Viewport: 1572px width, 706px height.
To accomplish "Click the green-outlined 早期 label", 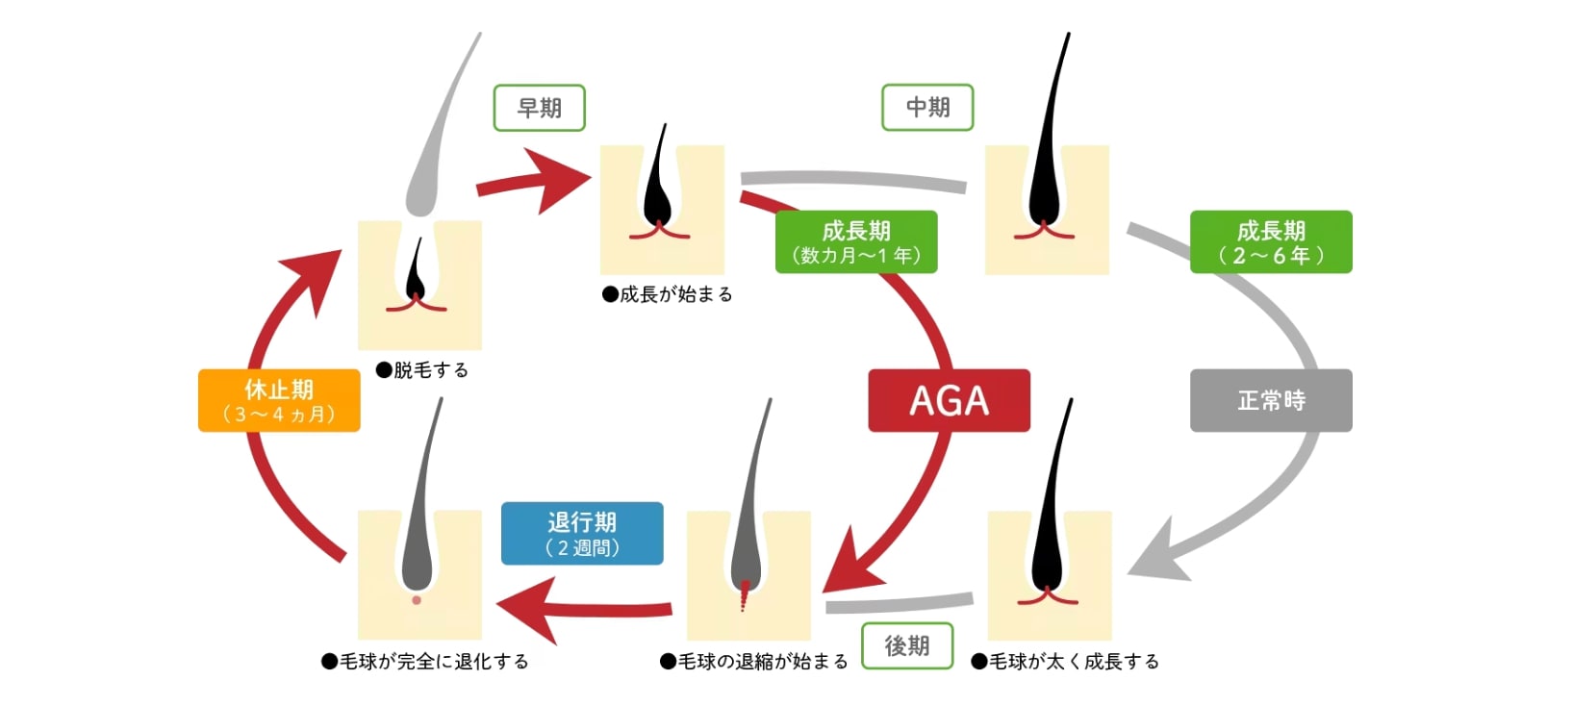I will click(x=539, y=108).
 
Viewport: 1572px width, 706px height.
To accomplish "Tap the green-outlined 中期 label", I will click(x=927, y=107).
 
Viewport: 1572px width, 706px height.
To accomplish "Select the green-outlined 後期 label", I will click(x=906, y=645).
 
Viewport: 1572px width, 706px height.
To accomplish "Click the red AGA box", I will click(x=949, y=400).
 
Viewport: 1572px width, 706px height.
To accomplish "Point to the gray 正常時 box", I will click(x=1271, y=400).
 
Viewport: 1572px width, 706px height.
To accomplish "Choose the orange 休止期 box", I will click(x=279, y=401).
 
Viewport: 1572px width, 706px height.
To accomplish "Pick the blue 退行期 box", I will click(x=582, y=533).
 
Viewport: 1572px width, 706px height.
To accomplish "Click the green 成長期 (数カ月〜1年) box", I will click(x=856, y=241).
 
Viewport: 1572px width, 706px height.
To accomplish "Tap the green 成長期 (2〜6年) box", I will click(x=1271, y=241).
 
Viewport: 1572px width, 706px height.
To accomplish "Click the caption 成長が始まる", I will click(x=668, y=294).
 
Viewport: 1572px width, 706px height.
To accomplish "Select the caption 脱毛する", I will click(x=422, y=369).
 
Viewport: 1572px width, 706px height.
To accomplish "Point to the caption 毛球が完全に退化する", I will click(x=425, y=662).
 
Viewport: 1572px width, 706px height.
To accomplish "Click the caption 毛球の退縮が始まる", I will click(x=754, y=662).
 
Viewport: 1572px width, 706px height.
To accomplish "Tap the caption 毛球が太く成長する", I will click(x=1065, y=662).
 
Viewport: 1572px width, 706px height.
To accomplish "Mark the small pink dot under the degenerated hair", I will click(x=417, y=600).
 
